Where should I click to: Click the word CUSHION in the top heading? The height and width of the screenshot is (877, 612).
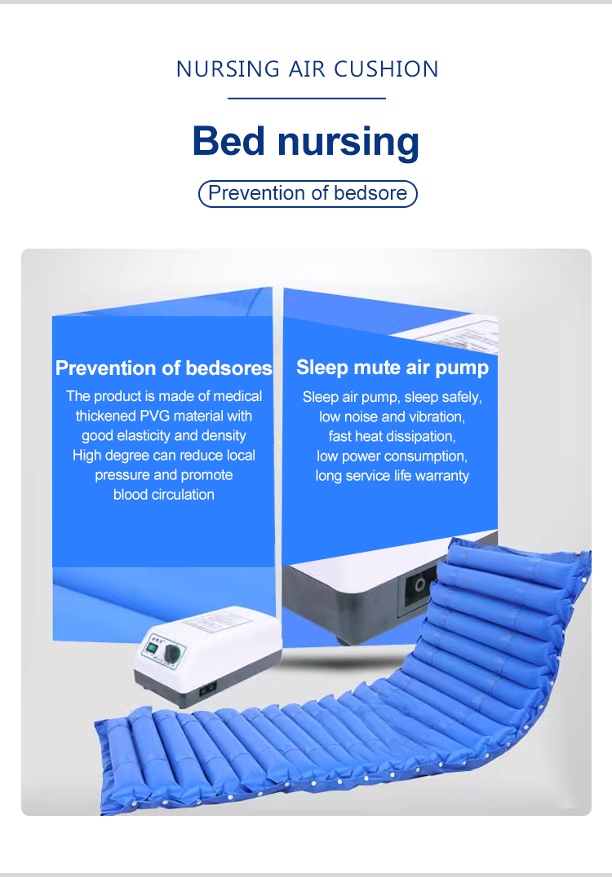pyautogui.click(x=386, y=69)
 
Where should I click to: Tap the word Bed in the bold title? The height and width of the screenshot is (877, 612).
pyautogui.click(x=228, y=140)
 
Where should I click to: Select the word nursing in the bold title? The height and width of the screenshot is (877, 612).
pyautogui.click(x=348, y=143)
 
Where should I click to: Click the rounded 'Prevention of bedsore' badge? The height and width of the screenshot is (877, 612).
pyautogui.click(x=308, y=193)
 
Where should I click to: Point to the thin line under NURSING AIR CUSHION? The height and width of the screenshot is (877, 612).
pyautogui.click(x=307, y=99)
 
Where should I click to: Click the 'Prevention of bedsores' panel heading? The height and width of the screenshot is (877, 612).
pyautogui.click(x=163, y=368)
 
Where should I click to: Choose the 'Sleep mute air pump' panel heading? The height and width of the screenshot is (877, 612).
pyautogui.click(x=392, y=368)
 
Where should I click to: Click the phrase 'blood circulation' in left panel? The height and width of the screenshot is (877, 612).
pyautogui.click(x=164, y=495)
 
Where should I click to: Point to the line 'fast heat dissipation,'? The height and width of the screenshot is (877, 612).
pyautogui.click(x=392, y=436)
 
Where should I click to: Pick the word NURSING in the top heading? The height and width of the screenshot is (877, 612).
pyautogui.click(x=228, y=69)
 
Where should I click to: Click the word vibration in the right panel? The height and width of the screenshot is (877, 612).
pyautogui.click(x=437, y=416)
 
